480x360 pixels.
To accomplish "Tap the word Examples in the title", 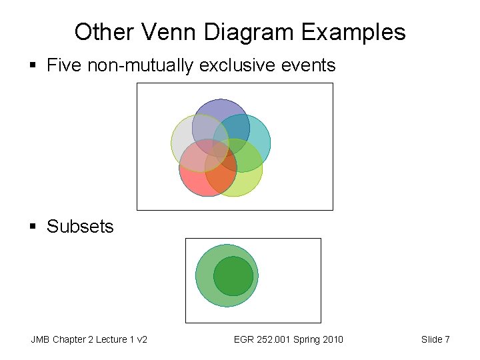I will (x=353, y=31).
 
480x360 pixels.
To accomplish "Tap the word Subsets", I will (x=80, y=227).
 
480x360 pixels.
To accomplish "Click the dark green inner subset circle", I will (x=233, y=276).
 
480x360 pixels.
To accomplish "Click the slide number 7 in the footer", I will (x=447, y=340).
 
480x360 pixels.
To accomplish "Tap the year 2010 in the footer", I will (x=331, y=340).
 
